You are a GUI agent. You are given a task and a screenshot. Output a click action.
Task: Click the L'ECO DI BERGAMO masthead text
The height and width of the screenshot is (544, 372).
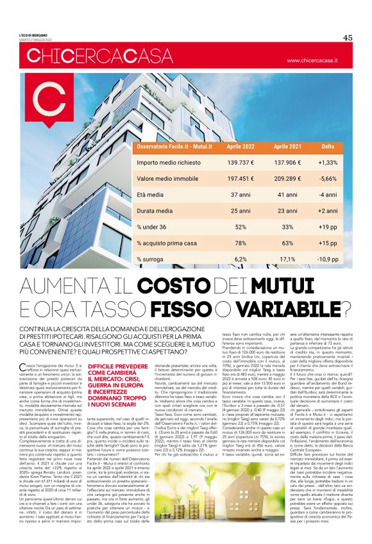(x=35, y=35)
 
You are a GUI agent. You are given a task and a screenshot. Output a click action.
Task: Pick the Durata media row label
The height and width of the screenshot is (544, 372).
(x=155, y=211)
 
